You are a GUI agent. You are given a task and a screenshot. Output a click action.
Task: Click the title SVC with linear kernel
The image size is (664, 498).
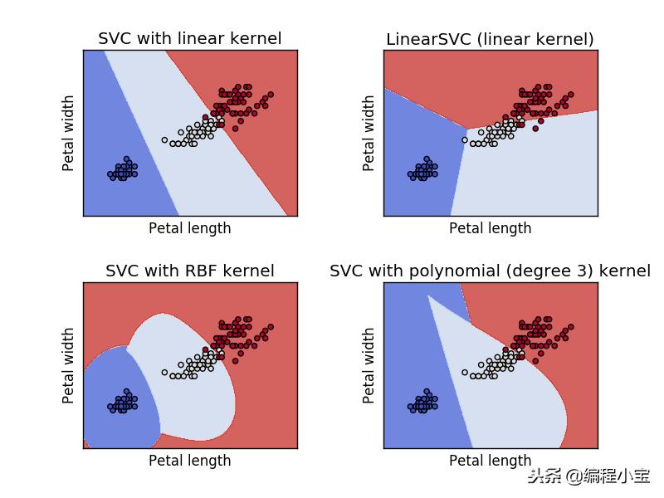click(x=189, y=39)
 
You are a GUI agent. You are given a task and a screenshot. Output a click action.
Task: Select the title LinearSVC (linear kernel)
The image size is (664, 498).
click(x=490, y=39)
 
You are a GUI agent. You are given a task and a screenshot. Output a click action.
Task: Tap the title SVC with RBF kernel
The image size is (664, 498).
click(x=189, y=271)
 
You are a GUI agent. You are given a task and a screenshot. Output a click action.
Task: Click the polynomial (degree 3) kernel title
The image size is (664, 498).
click(x=490, y=271)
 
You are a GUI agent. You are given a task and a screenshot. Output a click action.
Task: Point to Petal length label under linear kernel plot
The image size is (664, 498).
click(x=189, y=228)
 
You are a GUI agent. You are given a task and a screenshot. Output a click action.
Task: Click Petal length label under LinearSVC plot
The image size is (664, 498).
click(x=490, y=228)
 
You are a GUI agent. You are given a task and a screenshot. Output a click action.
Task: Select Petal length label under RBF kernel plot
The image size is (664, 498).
click(x=189, y=461)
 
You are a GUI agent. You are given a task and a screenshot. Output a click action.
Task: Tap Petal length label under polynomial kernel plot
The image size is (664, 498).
click(x=490, y=461)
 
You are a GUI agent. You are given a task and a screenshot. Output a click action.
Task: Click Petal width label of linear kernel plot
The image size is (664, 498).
click(x=69, y=133)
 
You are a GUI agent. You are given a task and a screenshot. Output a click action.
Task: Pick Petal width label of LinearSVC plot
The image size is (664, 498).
click(x=369, y=133)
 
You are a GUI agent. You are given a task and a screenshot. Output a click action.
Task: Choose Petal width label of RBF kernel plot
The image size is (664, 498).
click(x=69, y=365)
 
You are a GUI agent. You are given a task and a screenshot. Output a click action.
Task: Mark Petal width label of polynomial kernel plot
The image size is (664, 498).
click(x=369, y=365)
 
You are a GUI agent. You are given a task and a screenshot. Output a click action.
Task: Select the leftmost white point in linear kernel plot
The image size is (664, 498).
click(x=164, y=139)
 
